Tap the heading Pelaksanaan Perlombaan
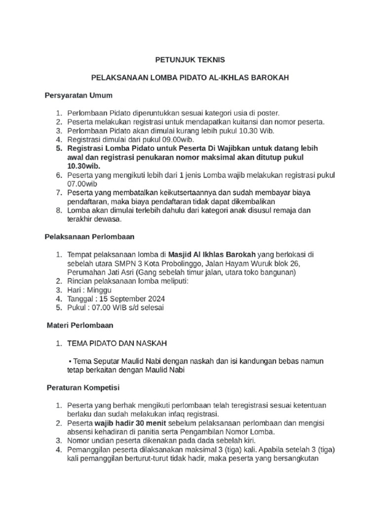[89, 236]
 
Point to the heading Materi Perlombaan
[80, 325]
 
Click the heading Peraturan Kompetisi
[82, 387]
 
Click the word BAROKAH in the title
[270, 78]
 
